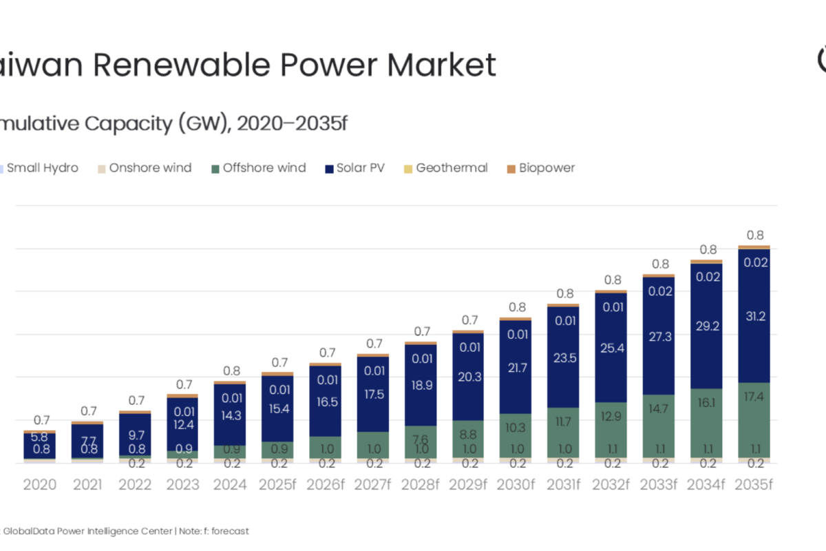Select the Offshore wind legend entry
(264, 168)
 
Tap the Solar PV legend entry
(360, 168)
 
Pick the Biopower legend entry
(546, 168)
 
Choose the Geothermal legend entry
(451, 168)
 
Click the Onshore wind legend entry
(149, 168)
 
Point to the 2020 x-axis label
(40, 485)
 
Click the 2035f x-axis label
(754, 485)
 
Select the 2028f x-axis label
(421, 485)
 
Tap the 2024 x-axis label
(230, 485)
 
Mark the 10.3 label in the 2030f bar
(516, 428)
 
